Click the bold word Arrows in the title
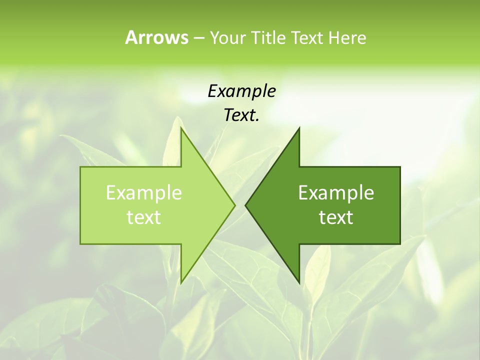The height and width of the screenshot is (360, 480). pyautogui.click(x=156, y=37)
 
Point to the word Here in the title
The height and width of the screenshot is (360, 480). pyautogui.click(x=347, y=37)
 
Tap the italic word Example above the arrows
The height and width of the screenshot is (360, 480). pyautogui.click(x=241, y=91)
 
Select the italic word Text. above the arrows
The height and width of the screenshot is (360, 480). pyautogui.click(x=241, y=115)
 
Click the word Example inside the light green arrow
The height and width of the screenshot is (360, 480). pyautogui.click(x=144, y=193)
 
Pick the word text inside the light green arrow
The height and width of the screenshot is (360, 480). pyautogui.click(x=144, y=217)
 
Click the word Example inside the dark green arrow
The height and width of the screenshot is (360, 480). pyautogui.click(x=336, y=193)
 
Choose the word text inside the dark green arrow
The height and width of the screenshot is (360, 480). pyautogui.click(x=336, y=217)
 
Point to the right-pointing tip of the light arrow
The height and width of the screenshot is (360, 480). pyautogui.click(x=234, y=205)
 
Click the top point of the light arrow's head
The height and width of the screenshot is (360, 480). pyautogui.click(x=181, y=128)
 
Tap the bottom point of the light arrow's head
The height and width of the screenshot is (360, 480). pyautogui.click(x=181, y=282)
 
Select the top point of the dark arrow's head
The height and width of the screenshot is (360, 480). pyautogui.click(x=299, y=128)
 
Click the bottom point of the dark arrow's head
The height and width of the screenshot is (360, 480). pyautogui.click(x=299, y=282)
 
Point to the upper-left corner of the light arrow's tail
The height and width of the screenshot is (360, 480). pyautogui.click(x=81, y=167)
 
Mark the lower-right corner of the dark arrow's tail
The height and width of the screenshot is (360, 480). pyautogui.click(x=400, y=243)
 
